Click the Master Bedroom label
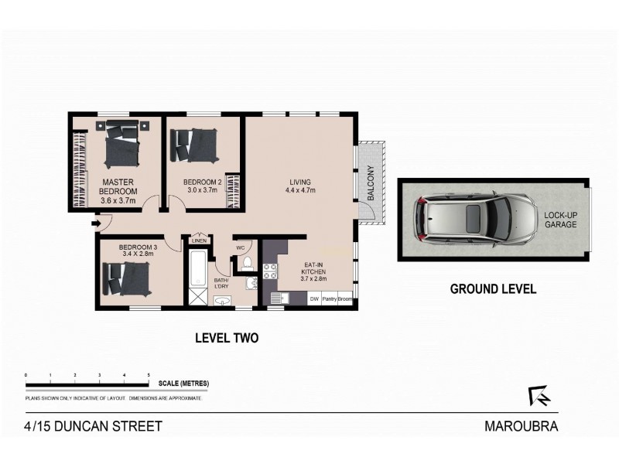tap(120, 186)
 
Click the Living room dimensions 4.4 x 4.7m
tap(300, 189)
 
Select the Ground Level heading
tap(493, 289)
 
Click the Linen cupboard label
tap(199, 239)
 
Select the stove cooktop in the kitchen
tap(271, 271)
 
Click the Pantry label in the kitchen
tap(330, 299)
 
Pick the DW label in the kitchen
tap(314, 299)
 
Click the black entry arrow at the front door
tap(94, 225)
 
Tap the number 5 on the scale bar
tap(149, 375)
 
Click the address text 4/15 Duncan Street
tap(92, 426)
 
